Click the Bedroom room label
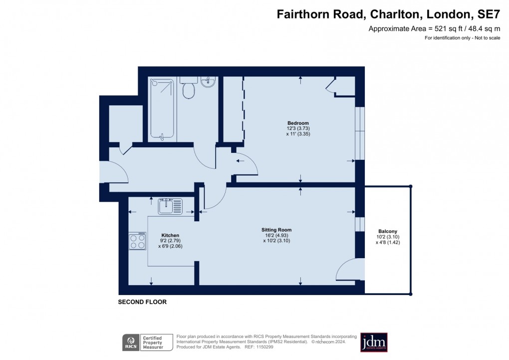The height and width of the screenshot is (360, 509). pos(298,123)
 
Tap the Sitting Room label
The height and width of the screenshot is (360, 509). pos(275,230)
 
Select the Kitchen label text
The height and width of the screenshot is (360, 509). pos(170,235)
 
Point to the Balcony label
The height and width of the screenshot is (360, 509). pos(388,231)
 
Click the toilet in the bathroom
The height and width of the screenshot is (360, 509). pos(189,90)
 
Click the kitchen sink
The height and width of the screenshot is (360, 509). pos(170,206)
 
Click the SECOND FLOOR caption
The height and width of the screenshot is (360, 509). pos(142,302)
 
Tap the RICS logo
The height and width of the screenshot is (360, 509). pos(131,343)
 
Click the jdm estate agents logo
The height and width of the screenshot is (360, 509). pos(374,343)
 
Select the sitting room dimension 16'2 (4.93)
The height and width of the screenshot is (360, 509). pos(275,235)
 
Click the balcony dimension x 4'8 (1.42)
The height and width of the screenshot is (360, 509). pos(388,242)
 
